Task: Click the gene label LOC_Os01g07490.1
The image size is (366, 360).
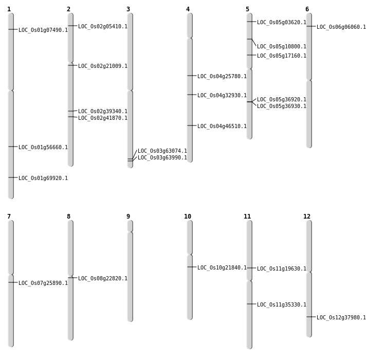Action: (43, 30)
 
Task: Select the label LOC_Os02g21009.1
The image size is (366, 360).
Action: (103, 66)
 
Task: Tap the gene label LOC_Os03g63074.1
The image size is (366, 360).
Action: (162, 151)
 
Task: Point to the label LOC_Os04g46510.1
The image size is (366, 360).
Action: (222, 127)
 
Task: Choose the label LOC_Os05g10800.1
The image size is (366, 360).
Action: (282, 47)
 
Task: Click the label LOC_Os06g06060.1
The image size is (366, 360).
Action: (341, 27)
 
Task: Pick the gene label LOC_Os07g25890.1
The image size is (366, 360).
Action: (43, 283)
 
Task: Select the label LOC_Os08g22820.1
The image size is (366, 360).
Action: (103, 279)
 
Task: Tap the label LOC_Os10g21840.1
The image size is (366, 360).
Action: (222, 268)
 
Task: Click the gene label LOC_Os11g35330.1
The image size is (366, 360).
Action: (282, 305)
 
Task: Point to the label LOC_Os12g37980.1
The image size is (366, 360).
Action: (341, 318)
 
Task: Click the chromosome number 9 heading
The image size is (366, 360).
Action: (128, 217)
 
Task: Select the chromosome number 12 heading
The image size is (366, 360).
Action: (307, 217)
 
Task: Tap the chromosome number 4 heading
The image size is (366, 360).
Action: (188, 9)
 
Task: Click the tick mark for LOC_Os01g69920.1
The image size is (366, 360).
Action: (11, 177)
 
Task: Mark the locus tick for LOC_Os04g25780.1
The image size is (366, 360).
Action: (190, 76)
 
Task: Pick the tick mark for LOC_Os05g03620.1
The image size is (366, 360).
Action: (249, 22)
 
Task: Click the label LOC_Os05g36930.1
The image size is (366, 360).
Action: (282, 106)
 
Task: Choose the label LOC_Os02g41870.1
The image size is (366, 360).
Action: (103, 118)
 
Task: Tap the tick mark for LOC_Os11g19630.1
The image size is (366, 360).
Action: (249, 268)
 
